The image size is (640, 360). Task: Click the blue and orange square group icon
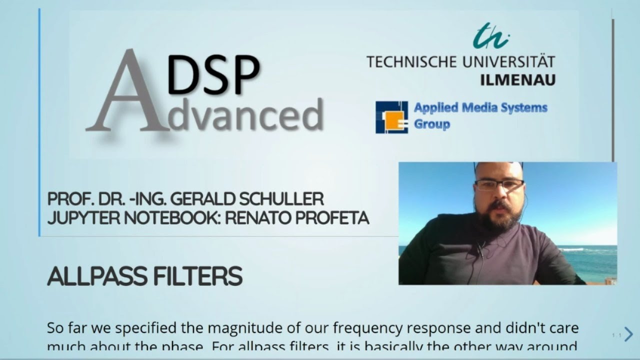click(391, 117)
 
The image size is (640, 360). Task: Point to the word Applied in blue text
click(435, 107)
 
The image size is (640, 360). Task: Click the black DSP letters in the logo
click(213, 75)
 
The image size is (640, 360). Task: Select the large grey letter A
click(125, 92)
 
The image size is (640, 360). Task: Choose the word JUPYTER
click(78, 218)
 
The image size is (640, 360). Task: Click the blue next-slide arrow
click(628, 334)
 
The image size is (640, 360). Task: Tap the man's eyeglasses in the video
click(498, 184)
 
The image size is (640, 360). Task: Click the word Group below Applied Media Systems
click(432, 124)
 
